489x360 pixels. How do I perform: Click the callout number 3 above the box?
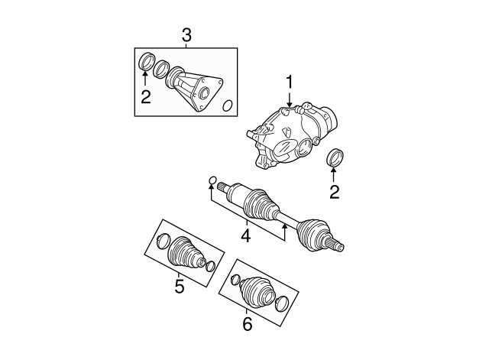pyautogui.click(x=186, y=36)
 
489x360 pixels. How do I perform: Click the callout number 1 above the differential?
pyautogui.click(x=290, y=82)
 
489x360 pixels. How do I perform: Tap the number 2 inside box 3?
pyautogui.click(x=146, y=97)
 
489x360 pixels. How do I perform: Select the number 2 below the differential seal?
pyautogui.click(x=334, y=192)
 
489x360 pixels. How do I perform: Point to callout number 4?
pyautogui.click(x=246, y=236)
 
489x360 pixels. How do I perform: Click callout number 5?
pyautogui.click(x=180, y=287)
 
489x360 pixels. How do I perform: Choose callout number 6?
pyautogui.click(x=247, y=324)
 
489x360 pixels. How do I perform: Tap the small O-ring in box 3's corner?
pyautogui.click(x=228, y=105)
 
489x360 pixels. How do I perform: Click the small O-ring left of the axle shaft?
pyautogui.click(x=212, y=180)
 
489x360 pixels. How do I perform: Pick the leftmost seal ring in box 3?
pyautogui.click(x=147, y=62)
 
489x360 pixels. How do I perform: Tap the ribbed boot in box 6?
pyautogui.click(x=257, y=290)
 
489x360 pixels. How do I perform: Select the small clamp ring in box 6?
pyautogui.click(x=235, y=280)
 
